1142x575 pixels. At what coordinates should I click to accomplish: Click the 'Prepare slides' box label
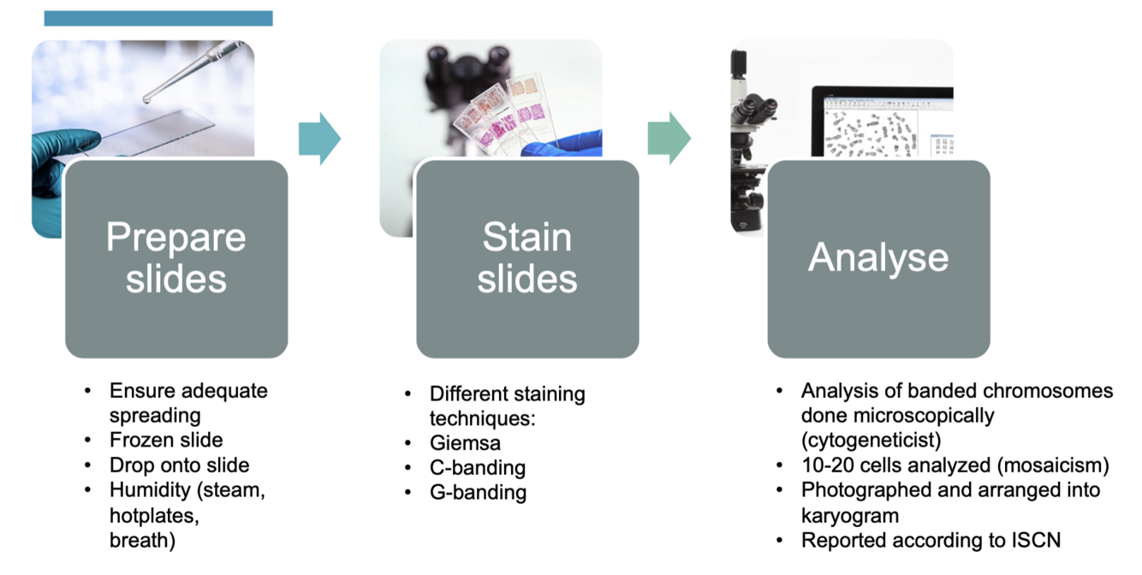pos(175,258)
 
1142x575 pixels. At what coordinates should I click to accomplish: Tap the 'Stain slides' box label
pos(527,258)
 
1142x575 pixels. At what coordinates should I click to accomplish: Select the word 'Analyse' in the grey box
pos(878,258)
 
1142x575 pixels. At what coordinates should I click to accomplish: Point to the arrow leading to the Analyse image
pos(669,137)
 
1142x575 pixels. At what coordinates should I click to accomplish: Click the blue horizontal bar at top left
pos(158,18)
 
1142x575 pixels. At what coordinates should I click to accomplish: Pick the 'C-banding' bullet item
pos(477,468)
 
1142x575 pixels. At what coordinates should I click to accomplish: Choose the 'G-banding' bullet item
pos(478,493)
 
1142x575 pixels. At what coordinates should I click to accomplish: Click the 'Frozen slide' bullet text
pos(166,441)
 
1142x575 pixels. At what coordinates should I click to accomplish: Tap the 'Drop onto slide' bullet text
pos(180,465)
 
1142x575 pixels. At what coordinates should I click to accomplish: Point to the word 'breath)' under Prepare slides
pos(142,540)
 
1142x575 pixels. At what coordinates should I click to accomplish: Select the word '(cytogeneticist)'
pos(871,441)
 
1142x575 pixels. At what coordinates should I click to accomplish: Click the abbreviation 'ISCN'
pos(1035,540)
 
